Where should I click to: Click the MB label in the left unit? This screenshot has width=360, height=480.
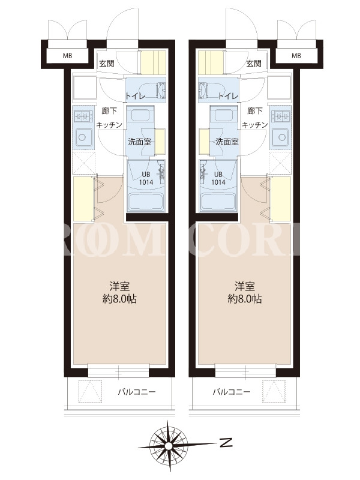(67, 56)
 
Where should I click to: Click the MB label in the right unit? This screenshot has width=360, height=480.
(296, 56)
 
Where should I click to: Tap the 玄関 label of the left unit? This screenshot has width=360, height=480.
(107, 64)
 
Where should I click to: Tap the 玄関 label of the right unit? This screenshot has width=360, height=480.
(254, 64)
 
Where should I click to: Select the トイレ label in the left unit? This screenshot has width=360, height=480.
(135, 96)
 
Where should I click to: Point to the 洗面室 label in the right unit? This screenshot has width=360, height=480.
(227, 142)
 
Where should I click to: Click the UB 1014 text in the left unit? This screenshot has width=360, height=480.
(146, 178)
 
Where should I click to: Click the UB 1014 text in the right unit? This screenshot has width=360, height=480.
(218, 178)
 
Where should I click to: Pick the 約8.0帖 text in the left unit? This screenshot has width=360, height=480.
(119, 299)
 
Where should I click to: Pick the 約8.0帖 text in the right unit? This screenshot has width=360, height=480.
(244, 299)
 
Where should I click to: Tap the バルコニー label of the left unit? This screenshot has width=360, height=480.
(137, 392)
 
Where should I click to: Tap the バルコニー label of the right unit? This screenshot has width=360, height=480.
(232, 392)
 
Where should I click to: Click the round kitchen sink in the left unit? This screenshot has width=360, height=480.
(82, 137)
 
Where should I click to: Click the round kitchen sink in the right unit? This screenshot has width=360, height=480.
(280, 137)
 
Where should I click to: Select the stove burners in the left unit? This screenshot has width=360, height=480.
(83, 116)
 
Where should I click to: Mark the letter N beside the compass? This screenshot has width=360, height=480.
(226, 443)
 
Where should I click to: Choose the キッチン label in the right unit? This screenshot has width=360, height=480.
(254, 125)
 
